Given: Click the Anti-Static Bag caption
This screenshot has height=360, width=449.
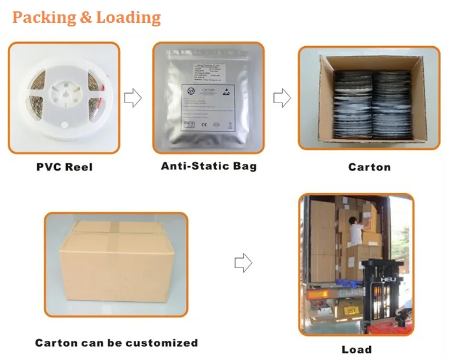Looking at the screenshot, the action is tap(209, 166).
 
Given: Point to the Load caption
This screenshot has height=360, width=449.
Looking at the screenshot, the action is tap(357, 349).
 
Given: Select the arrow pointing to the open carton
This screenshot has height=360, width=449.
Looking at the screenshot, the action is tap(282, 98).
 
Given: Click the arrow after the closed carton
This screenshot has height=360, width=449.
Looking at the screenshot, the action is tap(243, 262).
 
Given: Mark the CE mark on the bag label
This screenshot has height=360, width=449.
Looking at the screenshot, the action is tap(204, 125).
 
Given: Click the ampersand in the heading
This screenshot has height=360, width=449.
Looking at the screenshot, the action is tap(86, 18).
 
